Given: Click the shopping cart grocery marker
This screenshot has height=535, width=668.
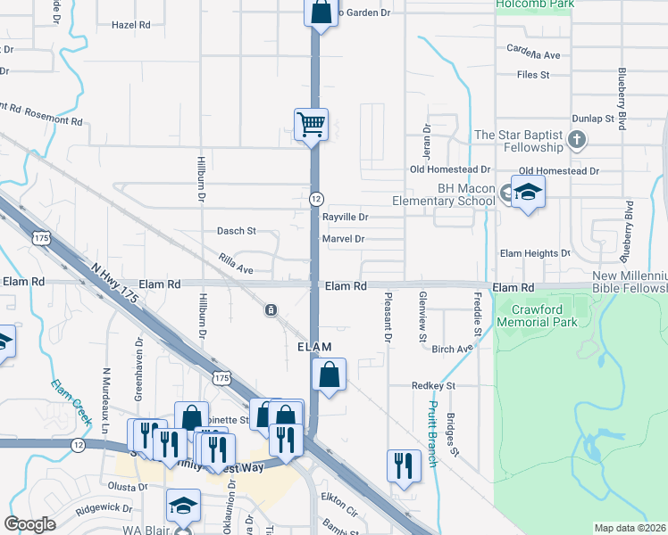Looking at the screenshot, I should (x=311, y=124).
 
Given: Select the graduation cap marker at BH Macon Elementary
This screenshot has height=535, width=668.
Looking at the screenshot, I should (x=528, y=192).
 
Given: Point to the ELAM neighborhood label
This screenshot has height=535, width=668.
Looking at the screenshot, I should (x=314, y=346).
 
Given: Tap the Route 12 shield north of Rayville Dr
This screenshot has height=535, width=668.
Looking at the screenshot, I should (x=316, y=197).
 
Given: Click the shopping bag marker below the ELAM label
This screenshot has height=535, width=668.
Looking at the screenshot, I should (x=330, y=374).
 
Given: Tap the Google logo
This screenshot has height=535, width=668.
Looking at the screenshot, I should (x=30, y=524).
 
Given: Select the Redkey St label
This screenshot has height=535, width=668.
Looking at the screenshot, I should (x=434, y=386).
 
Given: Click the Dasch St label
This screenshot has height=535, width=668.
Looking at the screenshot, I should (x=237, y=231).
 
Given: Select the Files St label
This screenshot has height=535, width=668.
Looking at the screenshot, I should (x=532, y=75).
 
